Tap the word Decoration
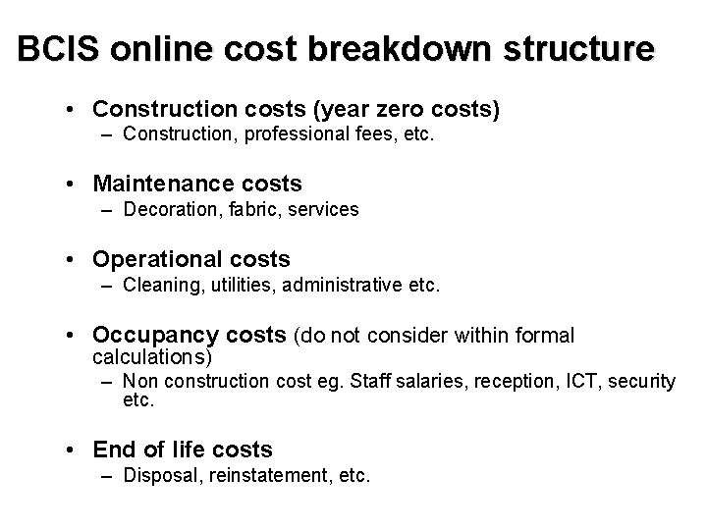coord(168,208)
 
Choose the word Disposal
coord(159,476)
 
